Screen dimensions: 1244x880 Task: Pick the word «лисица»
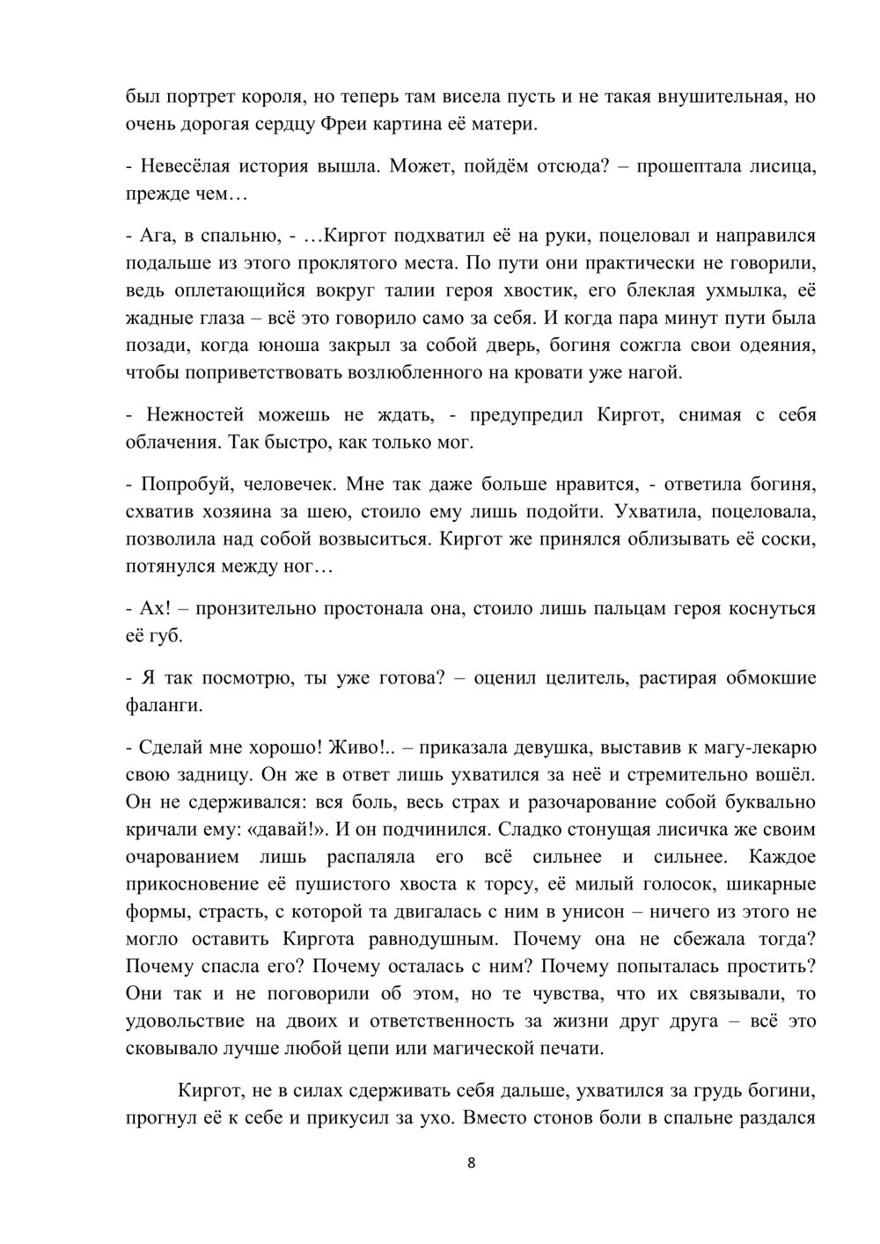(x=786, y=166)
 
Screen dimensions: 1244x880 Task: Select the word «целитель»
(x=588, y=677)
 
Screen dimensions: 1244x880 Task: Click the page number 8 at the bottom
(x=471, y=1163)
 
